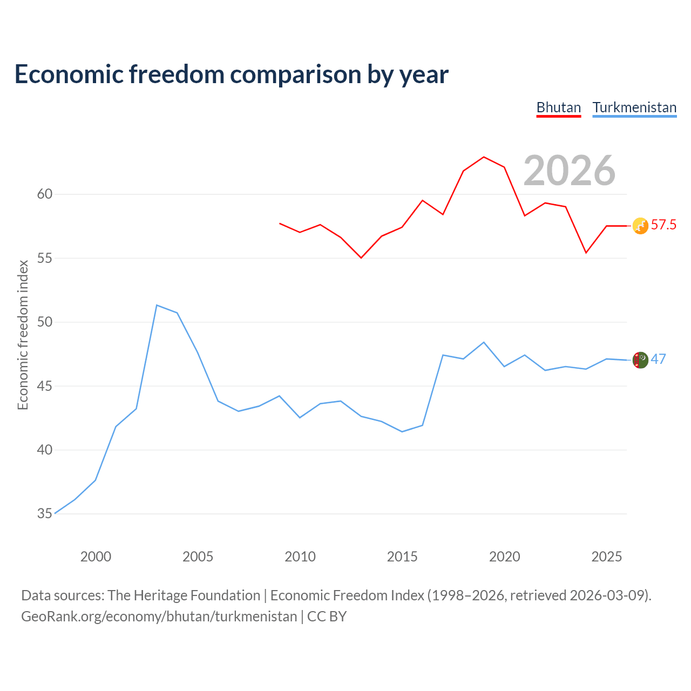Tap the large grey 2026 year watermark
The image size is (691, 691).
coord(570,171)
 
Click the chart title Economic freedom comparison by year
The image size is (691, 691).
coord(232,74)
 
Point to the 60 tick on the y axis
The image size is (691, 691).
coord(45,194)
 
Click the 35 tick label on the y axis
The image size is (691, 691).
coord(45,513)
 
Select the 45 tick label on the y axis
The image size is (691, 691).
coord(45,386)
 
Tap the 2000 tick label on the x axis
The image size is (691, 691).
coord(96,557)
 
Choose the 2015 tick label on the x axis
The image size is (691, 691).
coord(402,557)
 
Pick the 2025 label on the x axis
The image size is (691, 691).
coord(607,557)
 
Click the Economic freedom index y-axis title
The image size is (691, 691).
coord(23,335)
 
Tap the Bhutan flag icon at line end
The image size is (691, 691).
coord(640,226)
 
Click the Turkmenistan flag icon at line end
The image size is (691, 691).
coord(640,360)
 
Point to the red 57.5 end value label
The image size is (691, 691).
coord(664,225)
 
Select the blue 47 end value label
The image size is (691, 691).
coord(659,359)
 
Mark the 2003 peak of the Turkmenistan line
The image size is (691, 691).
coord(157,305)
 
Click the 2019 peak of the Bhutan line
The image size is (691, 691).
coord(484,157)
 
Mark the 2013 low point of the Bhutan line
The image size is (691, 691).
coord(361,258)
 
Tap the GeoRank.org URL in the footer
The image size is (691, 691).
coord(159,617)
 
